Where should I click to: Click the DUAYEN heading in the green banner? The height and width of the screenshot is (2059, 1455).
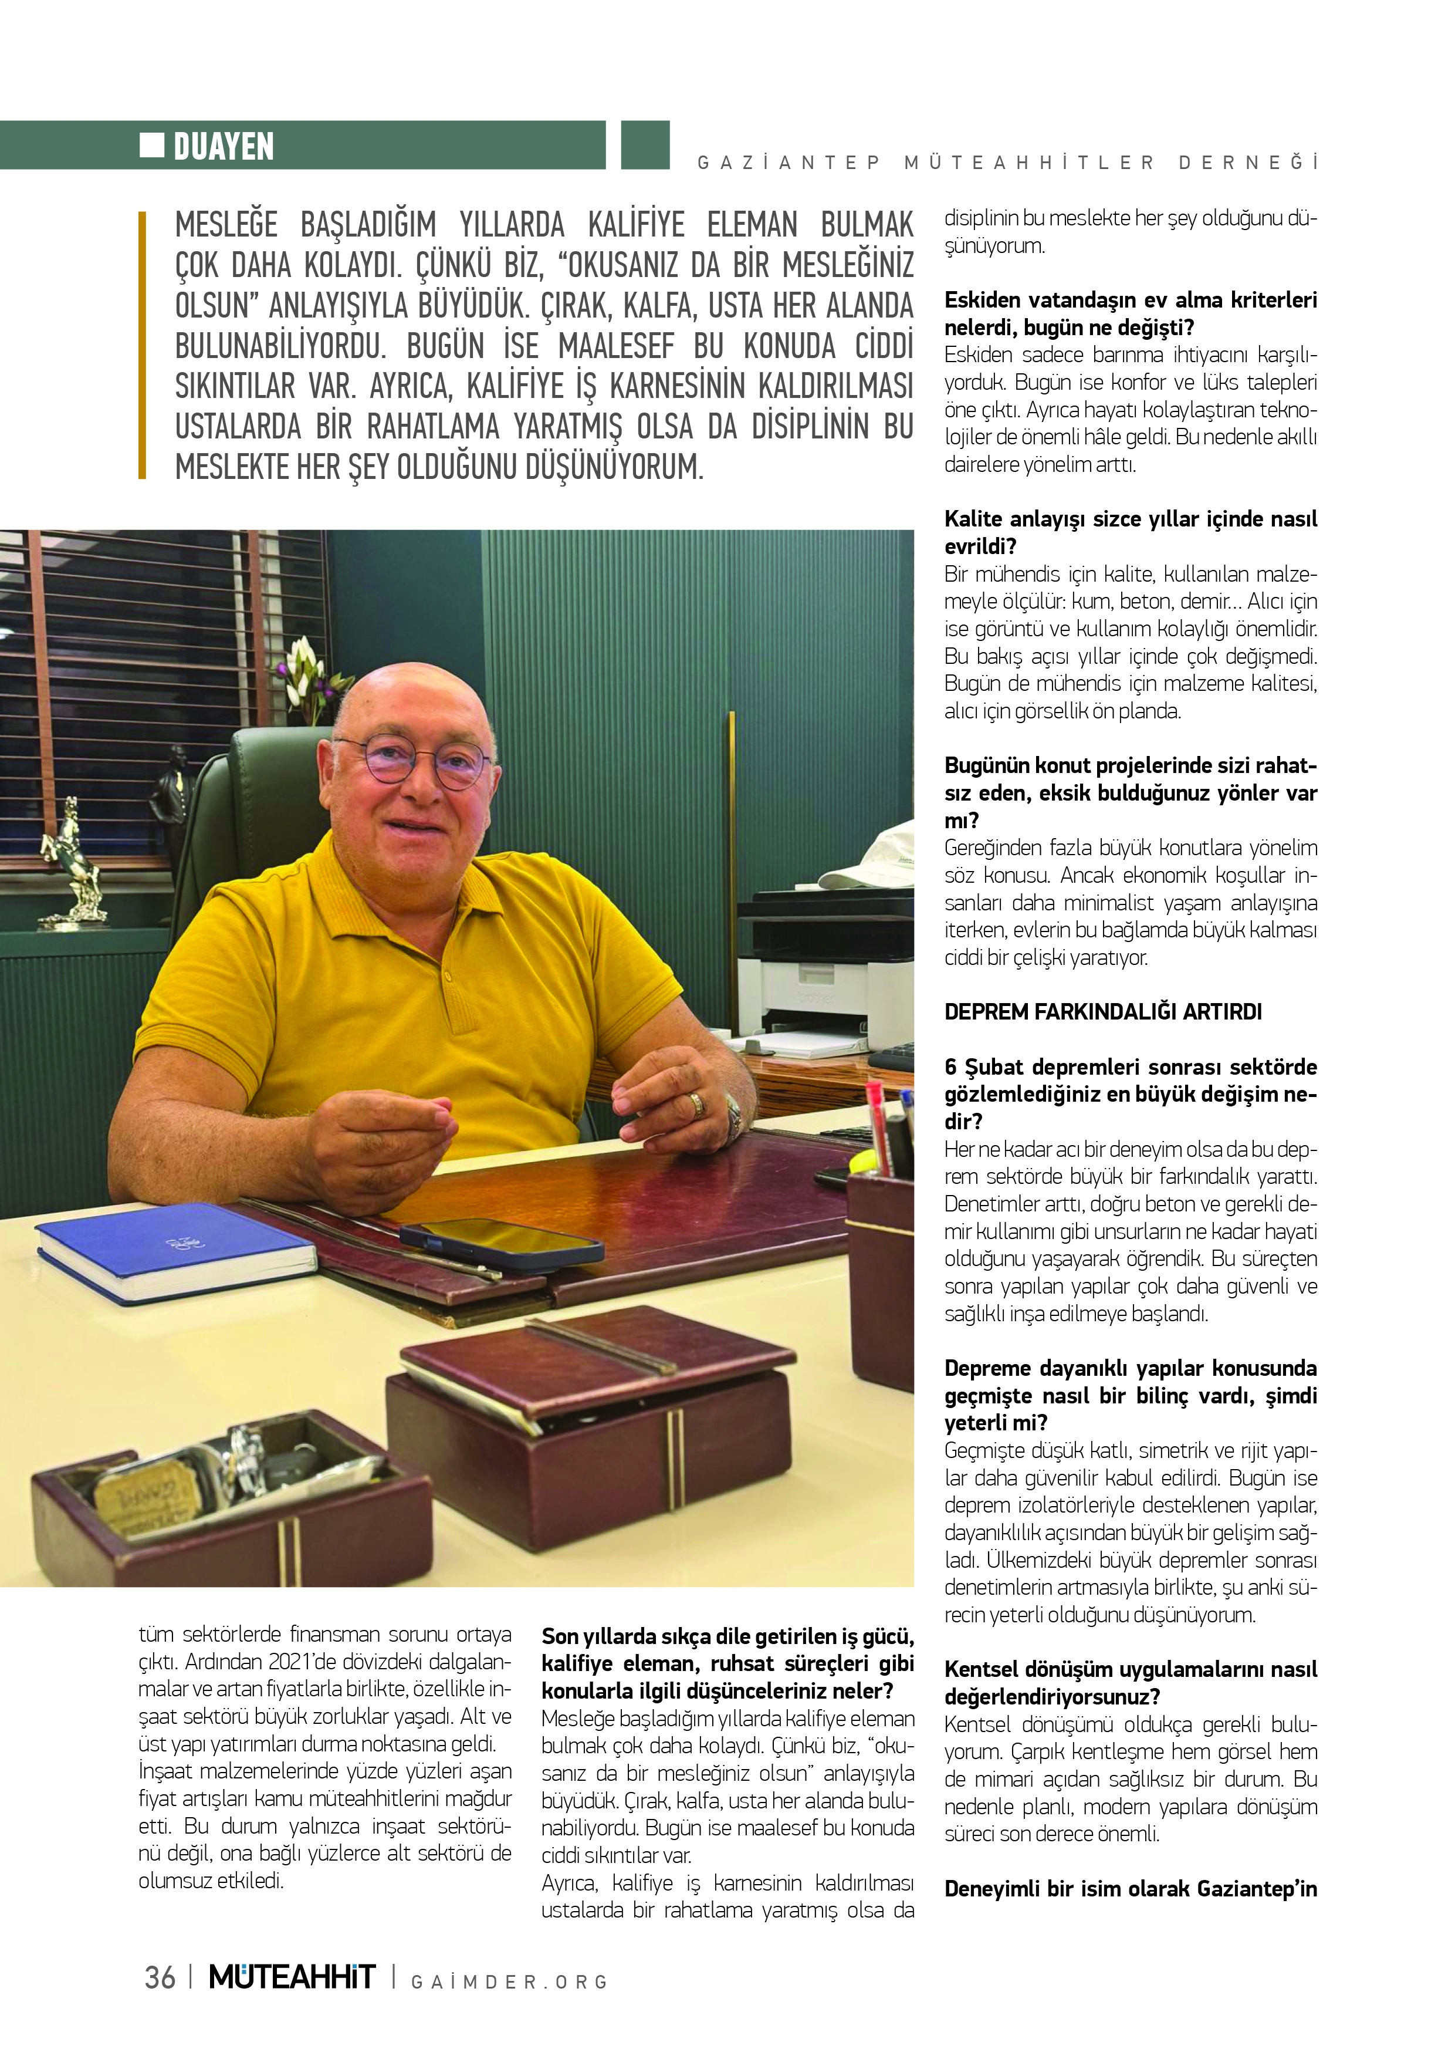(x=223, y=146)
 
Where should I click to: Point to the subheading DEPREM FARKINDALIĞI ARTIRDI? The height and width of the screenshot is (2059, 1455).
(x=1102, y=1012)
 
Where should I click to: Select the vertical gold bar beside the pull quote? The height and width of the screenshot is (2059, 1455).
(x=143, y=346)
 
